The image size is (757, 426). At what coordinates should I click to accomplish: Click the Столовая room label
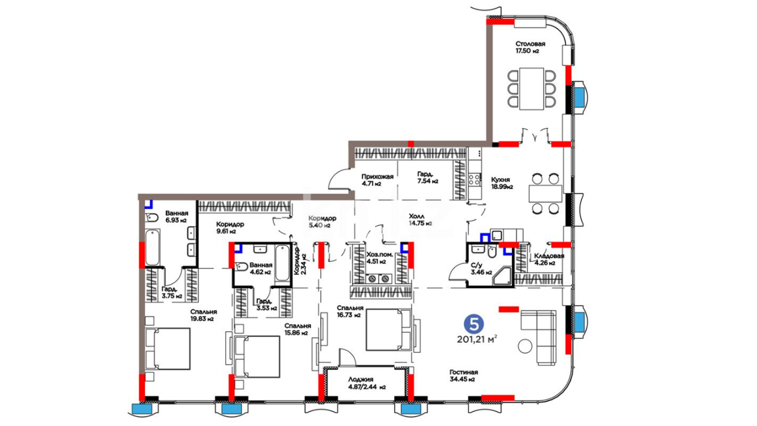pos(530,44)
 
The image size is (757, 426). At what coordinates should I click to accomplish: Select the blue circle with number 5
pos(474,324)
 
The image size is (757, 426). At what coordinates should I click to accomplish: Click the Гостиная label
pos(464,372)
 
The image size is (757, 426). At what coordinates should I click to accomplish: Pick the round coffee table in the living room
pos(525,346)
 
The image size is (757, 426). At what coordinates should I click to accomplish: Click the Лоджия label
pos(360,379)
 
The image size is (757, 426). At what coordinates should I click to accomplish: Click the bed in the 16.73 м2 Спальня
pos(388,330)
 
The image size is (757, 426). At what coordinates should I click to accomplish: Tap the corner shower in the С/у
pos(502,276)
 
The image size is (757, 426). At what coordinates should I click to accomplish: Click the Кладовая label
pos(549,256)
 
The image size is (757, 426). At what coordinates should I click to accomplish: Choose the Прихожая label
pos(377,177)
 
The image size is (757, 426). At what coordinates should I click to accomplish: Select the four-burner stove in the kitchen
pos(474,180)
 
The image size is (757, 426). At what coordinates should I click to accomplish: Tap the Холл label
pos(417,216)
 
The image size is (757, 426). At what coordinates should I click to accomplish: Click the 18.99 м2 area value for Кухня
pos(502,187)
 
